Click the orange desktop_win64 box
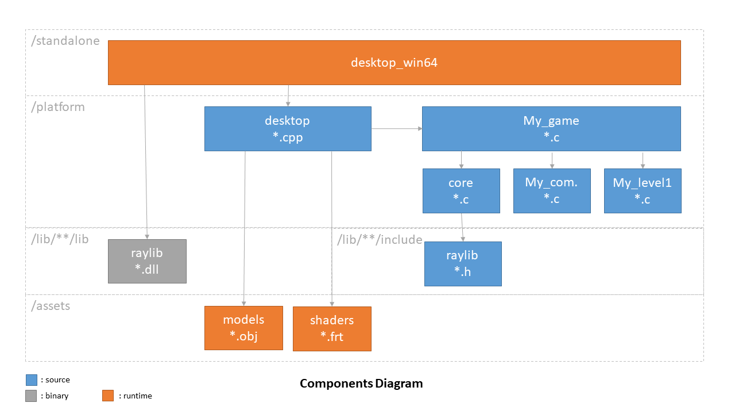coord(394,63)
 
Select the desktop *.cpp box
coord(288,129)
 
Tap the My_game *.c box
coord(551,129)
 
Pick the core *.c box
coord(461,191)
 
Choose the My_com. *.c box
coord(552,191)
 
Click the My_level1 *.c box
coord(643,191)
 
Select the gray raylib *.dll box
coord(148,261)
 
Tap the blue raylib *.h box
coord(463,264)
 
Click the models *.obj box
coord(243,328)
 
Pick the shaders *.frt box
coord(332,328)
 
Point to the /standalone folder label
coord(65,41)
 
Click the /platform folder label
coord(58,107)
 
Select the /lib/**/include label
coord(380,240)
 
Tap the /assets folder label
coord(51,306)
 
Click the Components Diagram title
coord(361,384)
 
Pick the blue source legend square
coord(32,380)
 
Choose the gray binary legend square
coord(31,396)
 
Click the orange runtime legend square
coord(108,396)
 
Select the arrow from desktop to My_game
coord(397,128)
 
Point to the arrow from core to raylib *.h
coord(462,227)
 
